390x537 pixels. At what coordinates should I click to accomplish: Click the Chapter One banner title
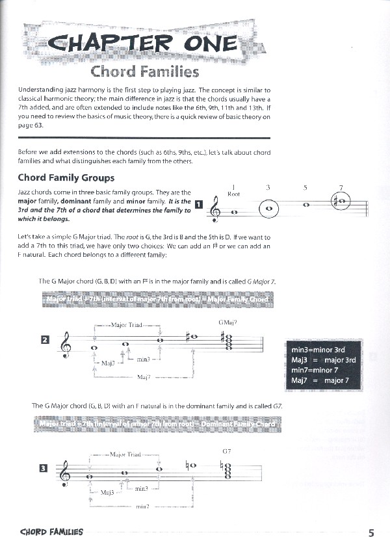pyautogui.click(x=144, y=42)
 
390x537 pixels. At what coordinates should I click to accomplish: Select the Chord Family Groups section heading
pyautogui.click(x=66, y=177)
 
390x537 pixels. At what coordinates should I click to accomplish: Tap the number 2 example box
pyautogui.click(x=45, y=339)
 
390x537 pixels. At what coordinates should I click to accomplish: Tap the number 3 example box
pyautogui.click(x=45, y=467)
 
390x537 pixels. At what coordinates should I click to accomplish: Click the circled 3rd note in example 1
pyautogui.click(x=268, y=209)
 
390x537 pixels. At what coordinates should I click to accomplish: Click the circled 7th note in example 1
pyautogui.click(x=341, y=202)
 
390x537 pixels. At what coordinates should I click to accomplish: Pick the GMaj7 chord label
pyautogui.click(x=227, y=322)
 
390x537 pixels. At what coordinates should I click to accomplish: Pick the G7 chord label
pyautogui.click(x=227, y=451)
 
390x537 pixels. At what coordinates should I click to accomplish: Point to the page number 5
pyautogui.click(x=371, y=532)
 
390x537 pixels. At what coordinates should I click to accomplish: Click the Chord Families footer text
pyautogui.click(x=51, y=532)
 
